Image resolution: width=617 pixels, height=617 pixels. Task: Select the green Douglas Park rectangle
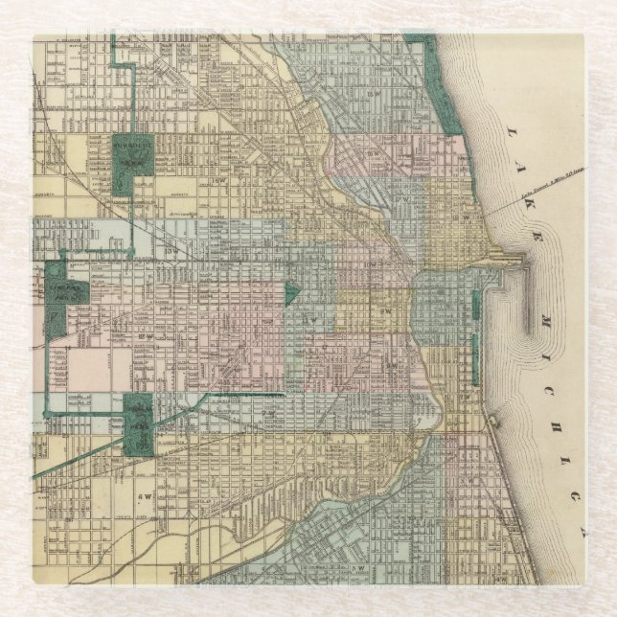click(x=138, y=423)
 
